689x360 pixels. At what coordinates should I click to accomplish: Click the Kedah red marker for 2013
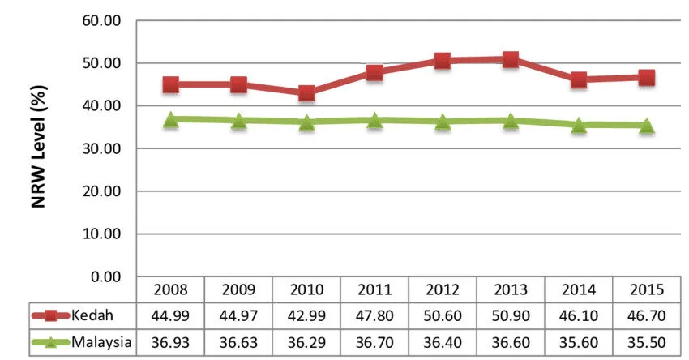[x=510, y=59]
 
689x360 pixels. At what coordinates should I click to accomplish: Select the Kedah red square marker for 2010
[x=306, y=92]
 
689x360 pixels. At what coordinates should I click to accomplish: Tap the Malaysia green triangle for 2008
[x=170, y=120]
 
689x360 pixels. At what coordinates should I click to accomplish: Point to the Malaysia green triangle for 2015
[x=646, y=126]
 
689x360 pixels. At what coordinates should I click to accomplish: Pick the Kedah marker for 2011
[x=374, y=72]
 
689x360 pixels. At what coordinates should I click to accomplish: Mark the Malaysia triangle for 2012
[x=443, y=122]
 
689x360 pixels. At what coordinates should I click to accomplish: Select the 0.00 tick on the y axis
[x=105, y=276]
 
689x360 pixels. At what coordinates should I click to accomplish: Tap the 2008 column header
[x=170, y=289]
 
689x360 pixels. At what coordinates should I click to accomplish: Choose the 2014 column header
[x=579, y=289]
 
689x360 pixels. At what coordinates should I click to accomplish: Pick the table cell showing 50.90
[x=511, y=315]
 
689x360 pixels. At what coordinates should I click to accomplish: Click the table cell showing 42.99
[x=306, y=315]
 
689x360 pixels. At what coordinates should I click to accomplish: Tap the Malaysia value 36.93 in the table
[x=170, y=342]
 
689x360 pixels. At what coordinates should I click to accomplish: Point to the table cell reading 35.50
[x=646, y=342]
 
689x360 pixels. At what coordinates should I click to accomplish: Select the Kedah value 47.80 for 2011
[x=374, y=315]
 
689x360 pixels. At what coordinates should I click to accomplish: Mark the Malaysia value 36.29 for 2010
[x=306, y=342]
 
